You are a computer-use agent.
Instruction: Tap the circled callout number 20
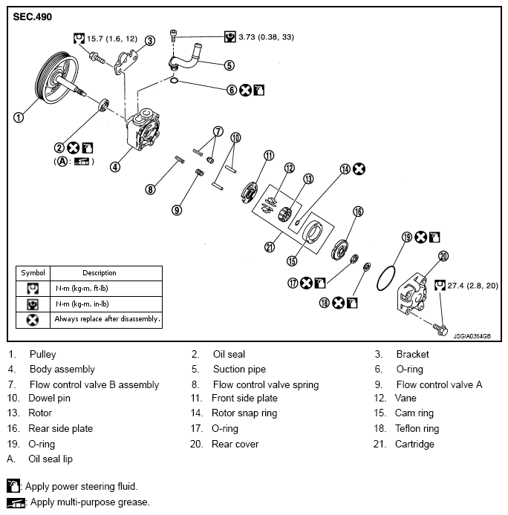[443, 256]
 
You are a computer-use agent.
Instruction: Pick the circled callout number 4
[115, 166]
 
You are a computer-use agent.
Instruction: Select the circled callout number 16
[358, 211]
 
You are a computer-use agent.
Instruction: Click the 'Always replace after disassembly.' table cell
[107, 320]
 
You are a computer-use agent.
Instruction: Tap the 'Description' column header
[99, 272]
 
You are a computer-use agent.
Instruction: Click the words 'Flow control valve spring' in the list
[265, 384]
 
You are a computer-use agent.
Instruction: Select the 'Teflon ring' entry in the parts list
[417, 428]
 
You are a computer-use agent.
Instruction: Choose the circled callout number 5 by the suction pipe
[229, 65]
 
